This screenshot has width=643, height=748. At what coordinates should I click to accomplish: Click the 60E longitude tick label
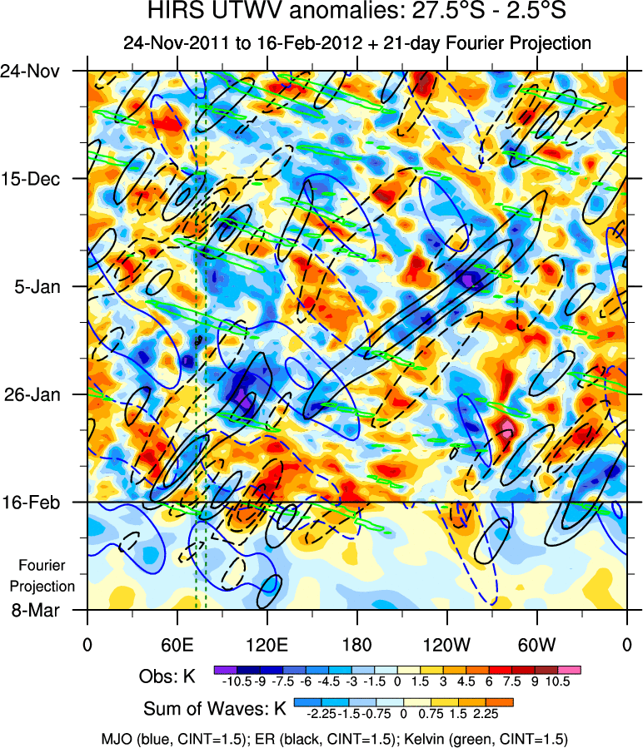pos(177,644)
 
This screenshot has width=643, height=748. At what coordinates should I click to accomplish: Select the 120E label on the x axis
pos(267,644)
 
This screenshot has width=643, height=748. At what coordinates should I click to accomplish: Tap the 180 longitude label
pos(356,644)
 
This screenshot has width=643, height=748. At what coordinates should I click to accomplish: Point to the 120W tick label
pos(446,644)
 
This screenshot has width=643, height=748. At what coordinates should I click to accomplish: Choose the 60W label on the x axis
pos(536,644)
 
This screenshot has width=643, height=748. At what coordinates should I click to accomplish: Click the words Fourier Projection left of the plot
pos(47,575)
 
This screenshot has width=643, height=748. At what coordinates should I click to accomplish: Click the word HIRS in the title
pos(169,12)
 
